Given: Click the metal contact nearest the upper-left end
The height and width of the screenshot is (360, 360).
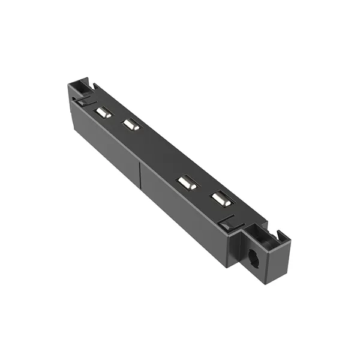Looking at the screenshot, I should [104, 112].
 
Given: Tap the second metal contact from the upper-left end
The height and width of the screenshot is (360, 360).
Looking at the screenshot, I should [131, 125].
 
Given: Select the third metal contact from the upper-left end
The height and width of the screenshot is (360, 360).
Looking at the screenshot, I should [187, 182].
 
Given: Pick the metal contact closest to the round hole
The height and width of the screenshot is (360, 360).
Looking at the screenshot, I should [220, 199].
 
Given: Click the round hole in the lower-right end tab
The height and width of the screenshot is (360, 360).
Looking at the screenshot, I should [253, 260].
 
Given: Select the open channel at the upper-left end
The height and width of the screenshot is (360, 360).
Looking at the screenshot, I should [80, 89].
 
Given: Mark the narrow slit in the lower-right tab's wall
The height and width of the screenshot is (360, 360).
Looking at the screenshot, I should [279, 234].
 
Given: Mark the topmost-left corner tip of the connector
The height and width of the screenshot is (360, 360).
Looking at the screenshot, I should [70, 85].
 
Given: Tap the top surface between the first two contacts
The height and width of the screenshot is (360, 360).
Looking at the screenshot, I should [118, 119].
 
